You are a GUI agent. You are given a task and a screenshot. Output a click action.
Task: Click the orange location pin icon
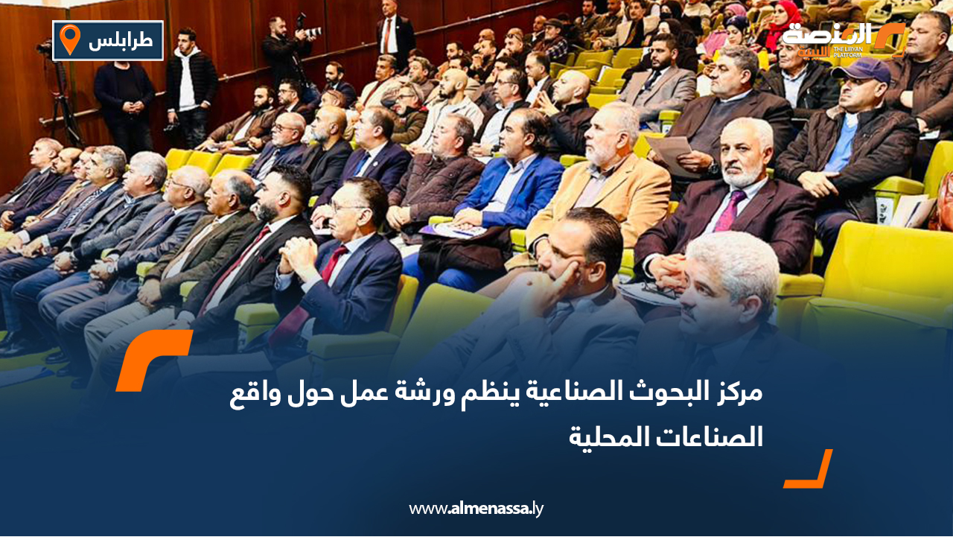click(x=69, y=39)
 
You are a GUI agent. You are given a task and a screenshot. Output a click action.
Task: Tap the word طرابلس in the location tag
click(x=121, y=41)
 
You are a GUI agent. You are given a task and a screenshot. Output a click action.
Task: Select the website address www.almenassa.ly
click(x=476, y=509)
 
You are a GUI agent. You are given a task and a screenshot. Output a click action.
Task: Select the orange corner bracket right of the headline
click(x=810, y=471)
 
